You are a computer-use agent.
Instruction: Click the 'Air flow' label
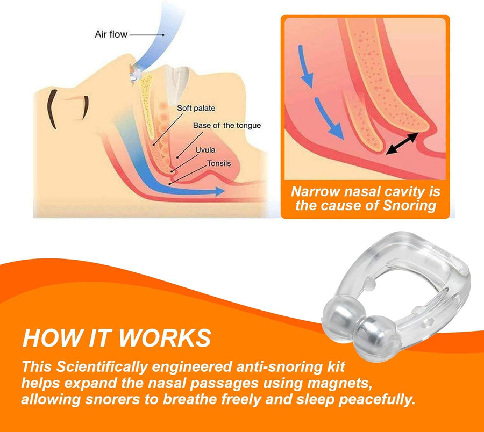pyautogui.click(x=111, y=34)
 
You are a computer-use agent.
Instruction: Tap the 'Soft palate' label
pyautogui.click(x=196, y=108)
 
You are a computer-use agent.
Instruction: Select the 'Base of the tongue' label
pyautogui.click(x=226, y=125)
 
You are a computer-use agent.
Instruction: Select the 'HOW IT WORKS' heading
pyautogui.click(x=116, y=337)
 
